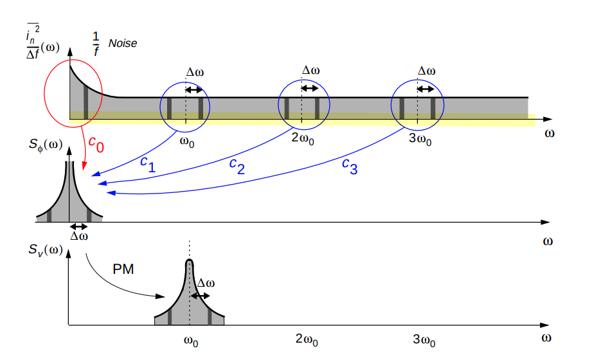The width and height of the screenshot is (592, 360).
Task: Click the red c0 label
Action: pyautogui.click(x=96, y=144)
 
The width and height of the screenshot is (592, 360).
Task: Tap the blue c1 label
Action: pyautogui.click(x=148, y=165)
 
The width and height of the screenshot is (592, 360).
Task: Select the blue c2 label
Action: pyautogui.click(x=237, y=166)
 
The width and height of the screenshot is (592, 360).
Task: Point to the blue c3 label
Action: pyautogui.click(x=350, y=166)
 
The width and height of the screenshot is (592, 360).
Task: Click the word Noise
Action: pyautogui.click(x=123, y=44)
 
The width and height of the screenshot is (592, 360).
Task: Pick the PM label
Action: pyautogui.click(x=123, y=269)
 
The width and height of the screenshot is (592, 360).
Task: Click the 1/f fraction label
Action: pyautogui.click(x=96, y=44)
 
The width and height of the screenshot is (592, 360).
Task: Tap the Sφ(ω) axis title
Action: pyautogui.click(x=46, y=145)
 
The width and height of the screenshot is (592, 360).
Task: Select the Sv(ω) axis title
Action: pyautogui.click(x=46, y=250)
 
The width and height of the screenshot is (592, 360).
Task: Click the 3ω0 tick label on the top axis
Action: pyautogui.click(x=420, y=139)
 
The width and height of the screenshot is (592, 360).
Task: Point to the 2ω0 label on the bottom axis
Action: pyautogui.click(x=307, y=339)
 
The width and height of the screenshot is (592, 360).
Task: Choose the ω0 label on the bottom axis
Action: pyautogui.click(x=191, y=341)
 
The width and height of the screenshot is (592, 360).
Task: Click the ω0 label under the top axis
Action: pyautogui.click(x=187, y=142)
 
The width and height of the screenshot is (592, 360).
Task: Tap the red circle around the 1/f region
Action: pyautogui.click(x=73, y=93)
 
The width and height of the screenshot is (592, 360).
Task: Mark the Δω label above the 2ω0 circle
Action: pyautogui.click(x=311, y=70)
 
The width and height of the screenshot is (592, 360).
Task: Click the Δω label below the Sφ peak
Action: pyautogui.click(x=79, y=236)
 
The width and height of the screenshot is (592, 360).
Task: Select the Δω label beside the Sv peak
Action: pyautogui.click(x=206, y=283)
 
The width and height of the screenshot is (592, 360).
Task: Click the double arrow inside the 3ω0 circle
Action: pyautogui.click(x=426, y=89)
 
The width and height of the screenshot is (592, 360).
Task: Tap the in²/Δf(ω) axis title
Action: pyautogui.click(x=42, y=42)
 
